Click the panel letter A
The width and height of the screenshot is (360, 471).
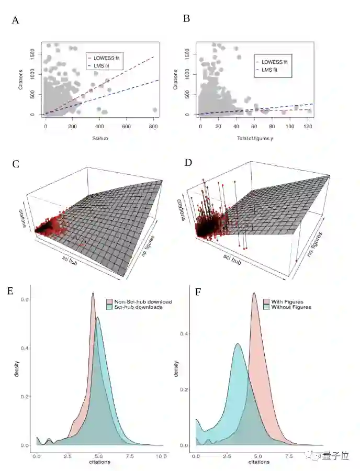(15, 20)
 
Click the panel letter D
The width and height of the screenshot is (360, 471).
(188, 163)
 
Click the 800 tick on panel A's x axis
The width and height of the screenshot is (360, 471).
(153, 127)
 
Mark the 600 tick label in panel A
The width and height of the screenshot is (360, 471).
(126, 127)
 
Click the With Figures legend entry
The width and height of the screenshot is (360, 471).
(287, 302)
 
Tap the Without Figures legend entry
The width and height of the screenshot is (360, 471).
(290, 307)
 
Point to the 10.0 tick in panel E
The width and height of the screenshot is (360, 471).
(162, 456)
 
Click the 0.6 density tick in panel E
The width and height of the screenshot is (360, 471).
(25, 299)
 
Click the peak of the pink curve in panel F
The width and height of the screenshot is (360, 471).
(254, 293)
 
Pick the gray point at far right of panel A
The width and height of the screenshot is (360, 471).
(154, 110)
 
